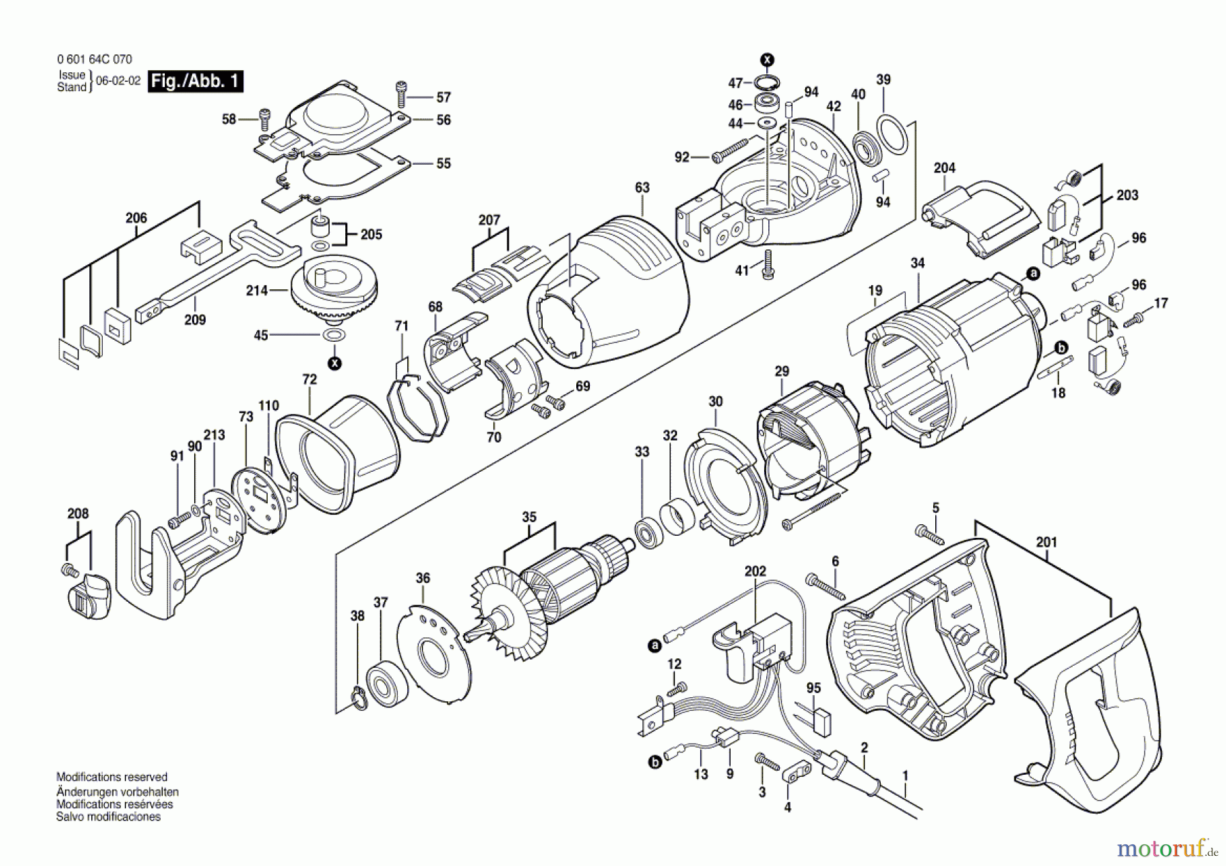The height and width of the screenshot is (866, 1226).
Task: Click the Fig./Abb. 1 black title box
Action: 195,82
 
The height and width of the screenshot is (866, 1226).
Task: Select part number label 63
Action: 642,187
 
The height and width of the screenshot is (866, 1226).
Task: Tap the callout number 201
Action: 1046,543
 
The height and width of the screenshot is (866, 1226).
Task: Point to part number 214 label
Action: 257,291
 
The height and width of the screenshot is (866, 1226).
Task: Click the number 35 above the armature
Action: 529,517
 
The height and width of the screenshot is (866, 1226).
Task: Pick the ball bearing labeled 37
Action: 386,682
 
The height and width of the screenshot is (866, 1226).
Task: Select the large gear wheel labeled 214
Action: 334,288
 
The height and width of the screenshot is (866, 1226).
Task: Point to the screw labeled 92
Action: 729,152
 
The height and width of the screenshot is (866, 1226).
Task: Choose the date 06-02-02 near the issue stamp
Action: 118,81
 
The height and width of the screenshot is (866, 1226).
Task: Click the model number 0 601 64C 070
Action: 95,60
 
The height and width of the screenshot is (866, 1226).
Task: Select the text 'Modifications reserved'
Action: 112,777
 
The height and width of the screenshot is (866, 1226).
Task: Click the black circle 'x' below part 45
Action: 334,364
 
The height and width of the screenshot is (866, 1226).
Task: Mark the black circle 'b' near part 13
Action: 655,763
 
